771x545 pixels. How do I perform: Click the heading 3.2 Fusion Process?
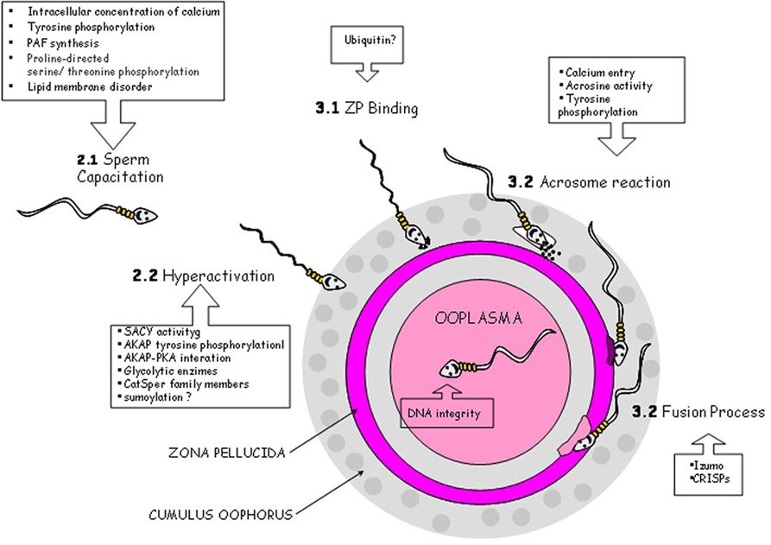(x=698, y=413)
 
